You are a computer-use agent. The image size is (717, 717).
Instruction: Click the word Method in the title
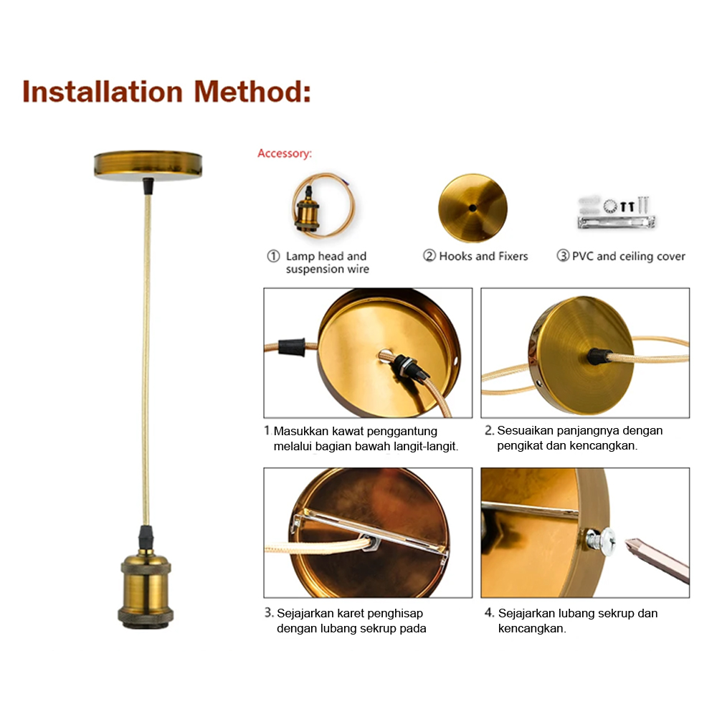(x=252, y=92)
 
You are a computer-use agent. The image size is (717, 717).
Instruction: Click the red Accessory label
(x=285, y=153)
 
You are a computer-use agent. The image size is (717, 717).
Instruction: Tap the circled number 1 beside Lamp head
(x=273, y=256)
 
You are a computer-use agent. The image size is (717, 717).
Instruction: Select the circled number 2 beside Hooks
(x=429, y=255)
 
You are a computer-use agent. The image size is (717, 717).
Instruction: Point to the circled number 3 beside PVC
(x=563, y=255)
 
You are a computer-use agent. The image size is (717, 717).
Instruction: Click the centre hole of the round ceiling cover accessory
(x=473, y=208)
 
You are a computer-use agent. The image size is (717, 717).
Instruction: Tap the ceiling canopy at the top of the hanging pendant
(x=148, y=165)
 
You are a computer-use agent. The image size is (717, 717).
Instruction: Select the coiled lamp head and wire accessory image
(x=323, y=205)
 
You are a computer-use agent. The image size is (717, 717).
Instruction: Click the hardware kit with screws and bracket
(x=617, y=213)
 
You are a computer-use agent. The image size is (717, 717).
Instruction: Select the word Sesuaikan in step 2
(x=518, y=430)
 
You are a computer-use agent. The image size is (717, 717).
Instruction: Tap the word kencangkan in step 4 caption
(x=531, y=628)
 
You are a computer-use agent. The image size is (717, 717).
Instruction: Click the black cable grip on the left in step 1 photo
(x=292, y=348)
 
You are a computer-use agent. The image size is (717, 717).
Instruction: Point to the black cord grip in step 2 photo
(x=599, y=356)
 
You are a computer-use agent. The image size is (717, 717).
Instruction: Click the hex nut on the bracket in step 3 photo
(x=371, y=542)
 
